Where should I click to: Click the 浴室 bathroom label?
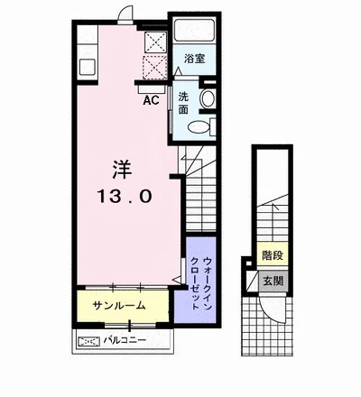click(x=195, y=59)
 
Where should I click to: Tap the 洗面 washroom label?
click(x=183, y=103)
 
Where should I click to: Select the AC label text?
click(x=151, y=100)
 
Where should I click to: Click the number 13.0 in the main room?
click(x=125, y=197)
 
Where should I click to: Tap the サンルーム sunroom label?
click(x=119, y=306)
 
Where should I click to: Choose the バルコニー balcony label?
click(x=125, y=340)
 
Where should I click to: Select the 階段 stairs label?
click(x=273, y=255)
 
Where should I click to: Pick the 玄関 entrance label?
click(x=273, y=282)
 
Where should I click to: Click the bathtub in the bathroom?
click(x=194, y=31)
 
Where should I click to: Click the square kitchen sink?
click(x=88, y=67)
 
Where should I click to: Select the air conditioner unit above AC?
click(x=152, y=89)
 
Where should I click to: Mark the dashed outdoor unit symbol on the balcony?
click(x=88, y=341)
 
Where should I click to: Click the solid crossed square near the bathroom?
click(x=155, y=42)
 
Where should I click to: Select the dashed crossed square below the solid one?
click(x=154, y=67)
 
